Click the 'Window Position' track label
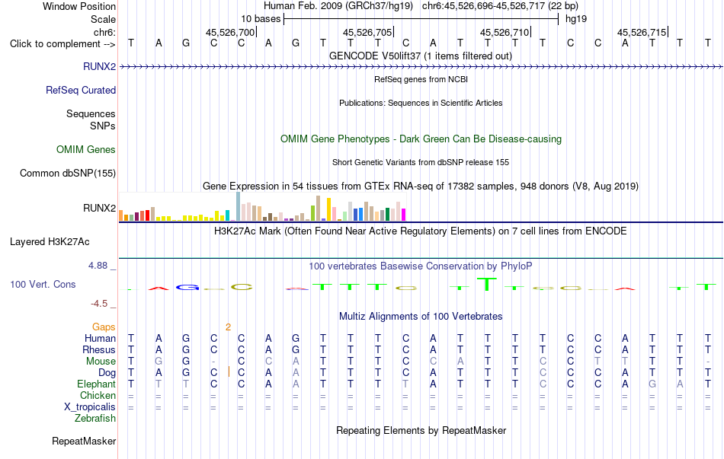(79, 6)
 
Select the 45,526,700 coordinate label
(230, 32)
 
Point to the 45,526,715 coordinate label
(642, 32)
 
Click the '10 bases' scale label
(261, 19)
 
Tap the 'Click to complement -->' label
(62, 44)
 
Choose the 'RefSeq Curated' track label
(81, 90)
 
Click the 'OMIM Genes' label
(86, 149)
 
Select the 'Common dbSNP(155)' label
(68, 173)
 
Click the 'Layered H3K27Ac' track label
(50, 242)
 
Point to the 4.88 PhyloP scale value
(98, 265)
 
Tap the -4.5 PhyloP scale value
(99, 304)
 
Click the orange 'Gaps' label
(104, 327)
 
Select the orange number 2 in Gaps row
(228, 327)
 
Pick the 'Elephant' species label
(97, 384)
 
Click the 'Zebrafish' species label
(95, 419)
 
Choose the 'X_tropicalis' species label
(90, 407)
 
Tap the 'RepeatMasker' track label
(84, 441)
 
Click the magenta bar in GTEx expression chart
(404, 215)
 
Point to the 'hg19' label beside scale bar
(576, 19)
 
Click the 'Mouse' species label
(101, 362)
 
